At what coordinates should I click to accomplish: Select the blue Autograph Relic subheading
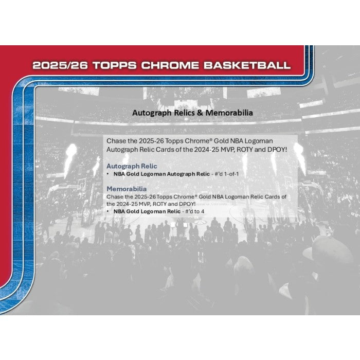[x=132, y=166]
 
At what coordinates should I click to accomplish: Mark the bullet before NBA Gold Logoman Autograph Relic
[x=108, y=174]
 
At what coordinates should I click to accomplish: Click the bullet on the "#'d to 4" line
[x=108, y=211]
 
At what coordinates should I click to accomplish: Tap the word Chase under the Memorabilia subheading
[x=115, y=196]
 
